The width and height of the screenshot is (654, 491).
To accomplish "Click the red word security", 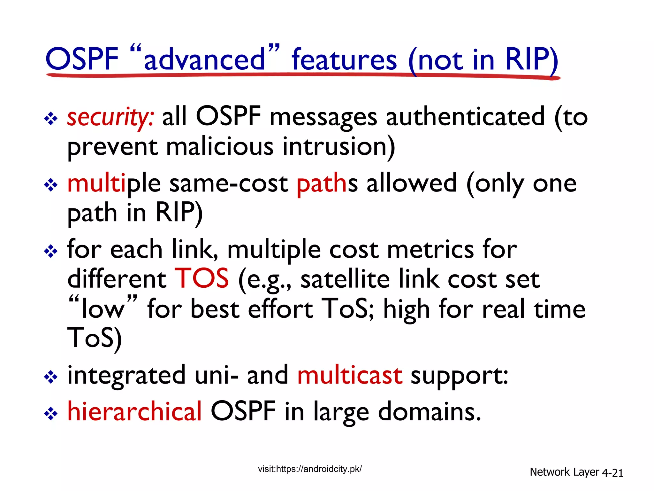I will [x=110, y=117].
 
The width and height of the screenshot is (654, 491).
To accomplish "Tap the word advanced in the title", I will [x=204, y=59].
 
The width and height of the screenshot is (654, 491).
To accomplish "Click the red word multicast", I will [x=350, y=375].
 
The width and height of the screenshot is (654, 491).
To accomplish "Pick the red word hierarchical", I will [x=134, y=411].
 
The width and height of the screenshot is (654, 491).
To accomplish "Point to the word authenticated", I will [x=465, y=117].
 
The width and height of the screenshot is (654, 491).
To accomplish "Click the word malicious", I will [x=220, y=147].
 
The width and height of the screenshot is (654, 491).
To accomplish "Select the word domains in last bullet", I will [x=429, y=411].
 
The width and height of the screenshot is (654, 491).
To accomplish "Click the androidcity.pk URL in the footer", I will [x=310, y=469].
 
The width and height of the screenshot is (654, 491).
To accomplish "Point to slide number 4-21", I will [x=612, y=473].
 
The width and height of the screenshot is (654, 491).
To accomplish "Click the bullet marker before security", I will [x=51, y=119].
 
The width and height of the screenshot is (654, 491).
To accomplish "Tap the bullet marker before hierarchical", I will [x=51, y=414].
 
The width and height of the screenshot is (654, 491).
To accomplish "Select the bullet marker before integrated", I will [x=51, y=378].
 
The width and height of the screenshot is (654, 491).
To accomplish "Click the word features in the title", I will [x=344, y=59].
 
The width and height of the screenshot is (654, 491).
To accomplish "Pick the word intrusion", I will [x=338, y=147].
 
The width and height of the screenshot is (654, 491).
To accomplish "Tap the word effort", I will [x=280, y=309].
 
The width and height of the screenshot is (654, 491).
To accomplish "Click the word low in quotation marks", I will [x=103, y=309].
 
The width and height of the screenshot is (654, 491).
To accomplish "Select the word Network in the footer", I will [x=550, y=472].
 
